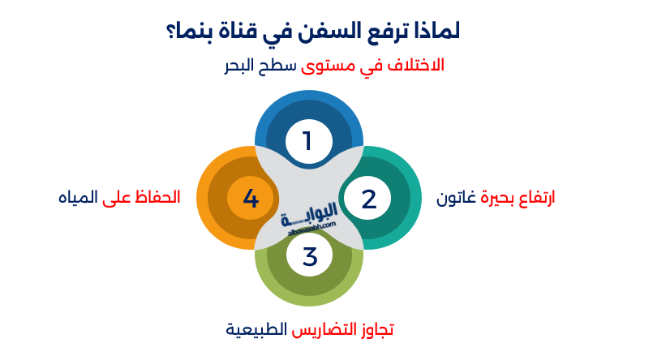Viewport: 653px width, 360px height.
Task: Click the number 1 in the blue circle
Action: click(x=307, y=141)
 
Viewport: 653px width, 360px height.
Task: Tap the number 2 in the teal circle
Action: click(x=369, y=199)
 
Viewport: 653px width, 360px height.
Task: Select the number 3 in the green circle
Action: click(x=310, y=256)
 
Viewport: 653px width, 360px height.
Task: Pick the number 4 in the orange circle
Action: click(x=251, y=198)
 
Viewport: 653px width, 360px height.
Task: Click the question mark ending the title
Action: click(x=170, y=32)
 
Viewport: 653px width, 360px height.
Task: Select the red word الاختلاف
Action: click(x=415, y=66)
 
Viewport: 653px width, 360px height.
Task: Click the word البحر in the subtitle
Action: click(x=239, y=66)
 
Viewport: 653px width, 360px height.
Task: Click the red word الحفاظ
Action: click(x=157, y=197)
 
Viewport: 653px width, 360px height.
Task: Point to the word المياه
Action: click(x=78, y=197)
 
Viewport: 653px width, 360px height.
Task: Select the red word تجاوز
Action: click(x=376, y=330)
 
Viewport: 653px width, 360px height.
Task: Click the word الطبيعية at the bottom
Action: click(x=256, y=330)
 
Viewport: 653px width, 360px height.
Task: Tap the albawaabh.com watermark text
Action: click(x=311, y=229)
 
